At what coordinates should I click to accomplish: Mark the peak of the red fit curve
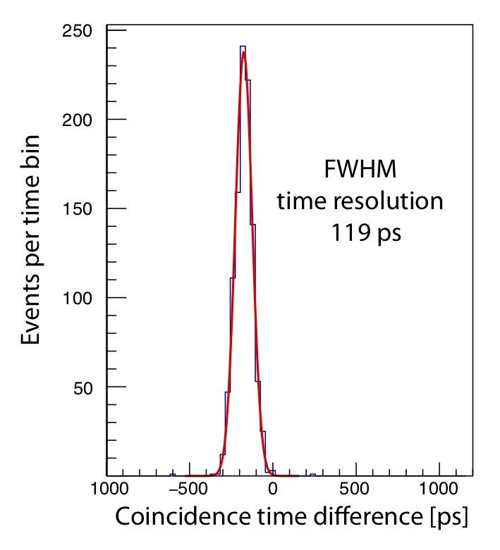[x=244, y=51]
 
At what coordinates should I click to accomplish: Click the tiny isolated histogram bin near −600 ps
[x=172, y=474]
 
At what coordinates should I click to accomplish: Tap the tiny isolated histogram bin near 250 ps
[x=313, y=474]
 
